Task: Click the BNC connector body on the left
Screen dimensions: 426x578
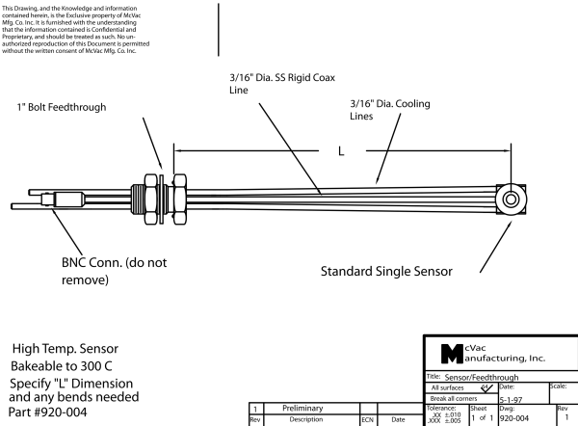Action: (73, 203)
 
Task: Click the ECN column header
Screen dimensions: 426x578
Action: (367, 419)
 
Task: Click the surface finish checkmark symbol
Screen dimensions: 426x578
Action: (488, 387)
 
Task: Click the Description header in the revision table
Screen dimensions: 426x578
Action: (307, 419)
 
